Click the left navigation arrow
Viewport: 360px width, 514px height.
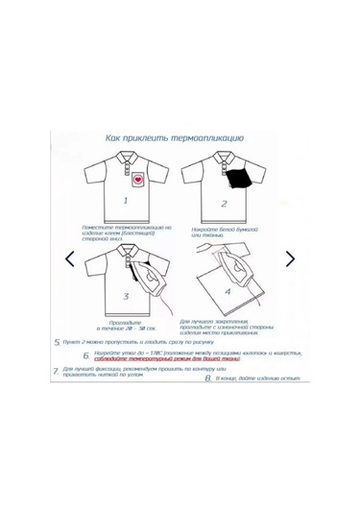(x=69, y=258)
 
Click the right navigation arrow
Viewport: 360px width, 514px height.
(x=291, y=258)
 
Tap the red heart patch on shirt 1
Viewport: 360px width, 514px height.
(x=137, y=180)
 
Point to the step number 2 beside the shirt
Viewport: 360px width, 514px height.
(x=224, y=204)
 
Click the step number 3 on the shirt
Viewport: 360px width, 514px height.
(x=126, y=297)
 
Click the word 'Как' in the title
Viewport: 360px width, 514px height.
(x=115, y=138)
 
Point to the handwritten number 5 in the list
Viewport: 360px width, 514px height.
(x=57, y=341)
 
